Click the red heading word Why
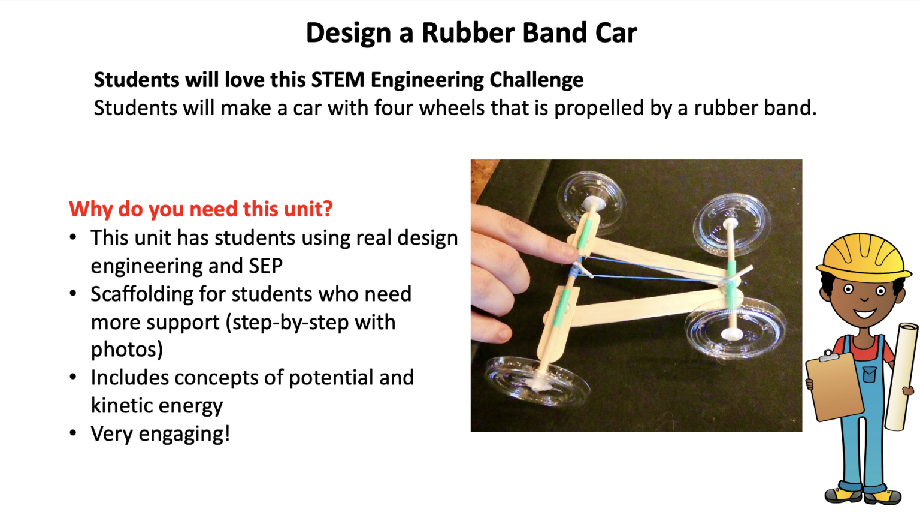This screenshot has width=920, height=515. click(90, 209)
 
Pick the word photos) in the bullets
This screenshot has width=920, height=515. click(126, 350)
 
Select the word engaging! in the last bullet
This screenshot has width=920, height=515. click(184, 434)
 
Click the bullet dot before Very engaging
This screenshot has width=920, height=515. click(73, 433)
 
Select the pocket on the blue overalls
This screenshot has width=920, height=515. click(869, 375)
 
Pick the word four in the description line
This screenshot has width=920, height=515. click(395, 109)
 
